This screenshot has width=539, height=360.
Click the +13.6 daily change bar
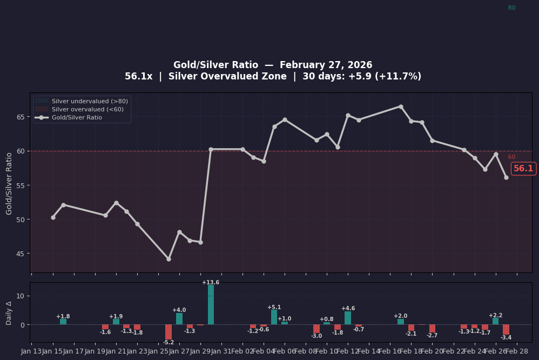tap(211, 305)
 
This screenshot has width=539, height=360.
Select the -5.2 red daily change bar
tap(169, 331)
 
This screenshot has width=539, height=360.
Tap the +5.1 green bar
tap(274, 317)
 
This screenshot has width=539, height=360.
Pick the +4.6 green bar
tap(348, 318)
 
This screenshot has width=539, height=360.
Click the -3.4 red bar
tap(506, 329)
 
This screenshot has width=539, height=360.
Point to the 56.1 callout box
tap(523, 169)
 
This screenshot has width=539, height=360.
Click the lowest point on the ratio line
tap(169, 259)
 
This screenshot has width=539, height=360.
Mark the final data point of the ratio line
tap(506, 177)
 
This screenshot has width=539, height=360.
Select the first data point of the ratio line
tap(53, 217)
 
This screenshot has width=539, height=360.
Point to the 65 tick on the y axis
tap(20, 117)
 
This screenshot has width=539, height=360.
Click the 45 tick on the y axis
tap(20, 254)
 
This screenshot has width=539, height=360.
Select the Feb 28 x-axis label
tap(517, 351)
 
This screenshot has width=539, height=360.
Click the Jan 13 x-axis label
tap(31, 351)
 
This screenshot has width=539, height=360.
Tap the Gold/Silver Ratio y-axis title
tap(9, 183)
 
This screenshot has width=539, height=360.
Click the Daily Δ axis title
tap(9, 312)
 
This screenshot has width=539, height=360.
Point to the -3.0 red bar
tap(316, 329)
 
